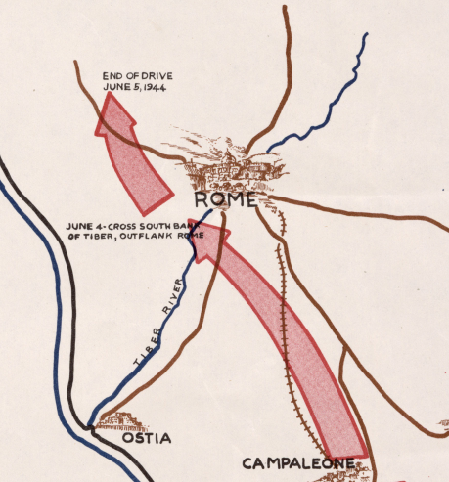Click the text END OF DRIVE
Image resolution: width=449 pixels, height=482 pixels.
138,74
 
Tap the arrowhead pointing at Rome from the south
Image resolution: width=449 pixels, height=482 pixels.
218,235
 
